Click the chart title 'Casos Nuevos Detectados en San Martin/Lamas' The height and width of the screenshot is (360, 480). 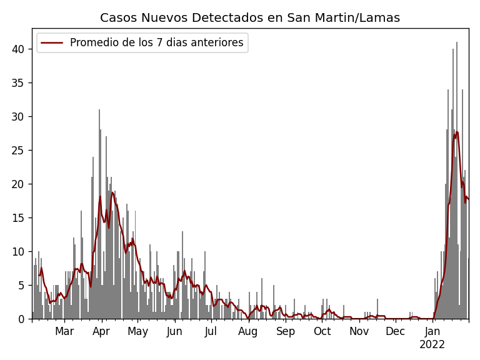(x=249, y=18)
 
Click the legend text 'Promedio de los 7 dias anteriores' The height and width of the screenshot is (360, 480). (x=156, y=43)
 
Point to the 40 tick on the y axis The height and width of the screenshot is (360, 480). (x=21, y=49)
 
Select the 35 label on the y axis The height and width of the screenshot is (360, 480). (x=21, y=83)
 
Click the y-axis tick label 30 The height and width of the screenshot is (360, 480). (x=21, y=117)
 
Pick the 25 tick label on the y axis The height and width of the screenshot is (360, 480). (x=21, y=151)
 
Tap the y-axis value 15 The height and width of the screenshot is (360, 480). (x=21, y=218)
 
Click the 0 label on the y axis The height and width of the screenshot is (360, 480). (x=23, y=319)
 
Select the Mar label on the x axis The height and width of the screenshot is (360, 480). (x=64, y=332)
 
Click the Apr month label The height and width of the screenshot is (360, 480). (x=101, y=332)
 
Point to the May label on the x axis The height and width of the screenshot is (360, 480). (x=137, y=332)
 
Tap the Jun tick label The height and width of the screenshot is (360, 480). (x=174, y=332)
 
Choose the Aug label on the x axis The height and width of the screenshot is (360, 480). (x=247, y=332)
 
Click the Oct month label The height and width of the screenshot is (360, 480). (x=322, y=332)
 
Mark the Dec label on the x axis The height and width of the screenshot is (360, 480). (x=395, y=332)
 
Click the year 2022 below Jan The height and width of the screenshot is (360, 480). (x=432, y=345)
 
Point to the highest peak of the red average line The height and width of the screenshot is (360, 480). (x=457, y=132)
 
